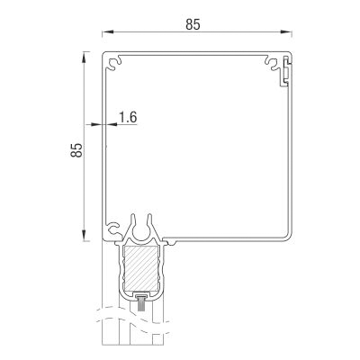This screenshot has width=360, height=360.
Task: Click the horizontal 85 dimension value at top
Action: tap(193, 24)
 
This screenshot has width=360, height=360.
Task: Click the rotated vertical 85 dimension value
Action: tap(76, 149)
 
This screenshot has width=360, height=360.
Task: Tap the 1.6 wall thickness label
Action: tap(128, 117)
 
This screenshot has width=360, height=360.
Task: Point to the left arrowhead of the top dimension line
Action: tap(108, 31)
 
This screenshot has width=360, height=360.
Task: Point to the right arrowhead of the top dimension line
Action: tap(286, 31)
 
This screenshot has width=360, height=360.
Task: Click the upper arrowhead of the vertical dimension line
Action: tap(85, 57)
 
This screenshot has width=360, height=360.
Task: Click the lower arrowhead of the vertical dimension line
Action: tap(85, 235)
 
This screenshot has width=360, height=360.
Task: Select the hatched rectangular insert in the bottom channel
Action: tap(140, 269)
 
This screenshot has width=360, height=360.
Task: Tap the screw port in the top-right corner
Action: tap(273, 62)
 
